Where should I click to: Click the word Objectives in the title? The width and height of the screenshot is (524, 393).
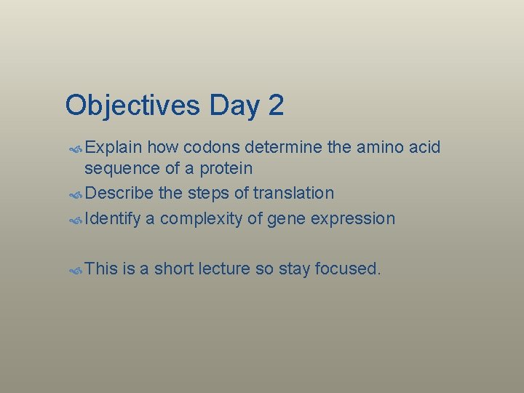pos(132,106)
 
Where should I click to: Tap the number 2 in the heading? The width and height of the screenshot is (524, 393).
pos(275,106)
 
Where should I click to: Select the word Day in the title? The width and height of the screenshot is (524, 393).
pos(234,106)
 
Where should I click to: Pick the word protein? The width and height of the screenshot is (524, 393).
pos(226,169)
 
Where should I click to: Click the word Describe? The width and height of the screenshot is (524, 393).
pos(118,194)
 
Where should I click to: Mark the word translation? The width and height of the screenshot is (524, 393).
pos(293,194)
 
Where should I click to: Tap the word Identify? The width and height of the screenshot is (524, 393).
pos(112,219)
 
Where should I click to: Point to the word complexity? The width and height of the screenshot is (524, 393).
pos(199,219)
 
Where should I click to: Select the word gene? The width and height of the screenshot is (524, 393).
pos(284,219)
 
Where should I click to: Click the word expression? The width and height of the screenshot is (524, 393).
pos(352,219)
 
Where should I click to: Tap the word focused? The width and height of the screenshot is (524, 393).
pos(347,269)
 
